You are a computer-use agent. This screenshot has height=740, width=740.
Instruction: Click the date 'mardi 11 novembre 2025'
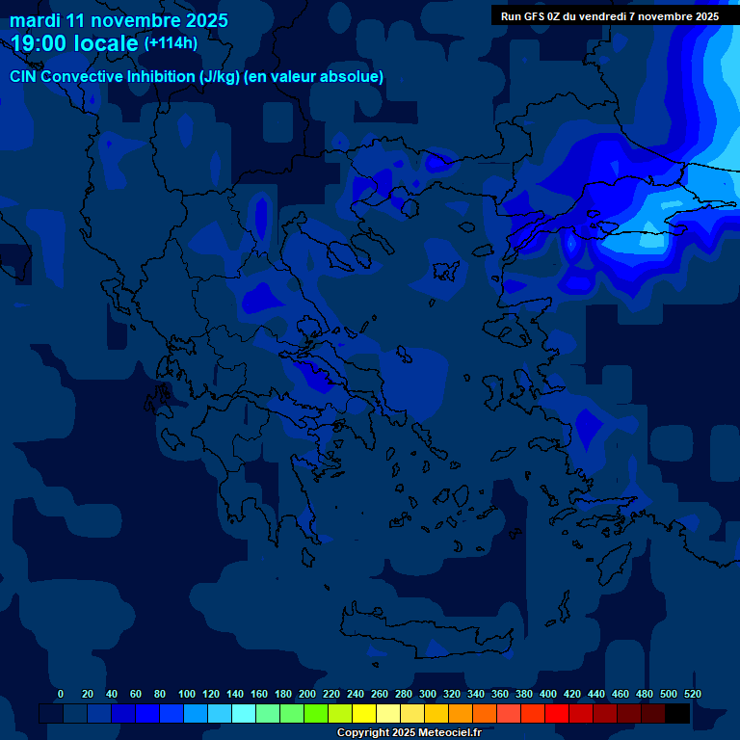(x=119, y=20)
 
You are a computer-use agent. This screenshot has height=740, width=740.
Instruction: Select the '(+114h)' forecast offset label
(x=171, y=43)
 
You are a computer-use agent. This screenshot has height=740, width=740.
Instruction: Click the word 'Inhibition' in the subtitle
(x=161, y=76)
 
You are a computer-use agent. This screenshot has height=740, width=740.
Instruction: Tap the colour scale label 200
(x=307, y=694)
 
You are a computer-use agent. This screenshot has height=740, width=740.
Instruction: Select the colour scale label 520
(x=693, y=694)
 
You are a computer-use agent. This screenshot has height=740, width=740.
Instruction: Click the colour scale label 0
(x=61, y=694)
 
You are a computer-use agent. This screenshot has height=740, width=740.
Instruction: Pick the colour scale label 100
(x=187, y=694)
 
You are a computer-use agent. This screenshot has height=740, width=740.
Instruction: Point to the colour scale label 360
(x=500, y=694)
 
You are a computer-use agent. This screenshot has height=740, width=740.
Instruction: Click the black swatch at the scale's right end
(x=677, y=714)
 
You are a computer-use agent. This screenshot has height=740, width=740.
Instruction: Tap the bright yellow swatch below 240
(x=364, y=714)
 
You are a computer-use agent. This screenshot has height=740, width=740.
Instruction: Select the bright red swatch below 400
(x=557, y=714)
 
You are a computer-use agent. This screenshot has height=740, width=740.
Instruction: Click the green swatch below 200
(x=316, y=714)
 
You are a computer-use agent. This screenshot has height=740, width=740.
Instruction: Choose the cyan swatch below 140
(x=244, y=714)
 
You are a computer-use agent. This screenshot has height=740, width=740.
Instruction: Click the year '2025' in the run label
(x=700, y=16)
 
